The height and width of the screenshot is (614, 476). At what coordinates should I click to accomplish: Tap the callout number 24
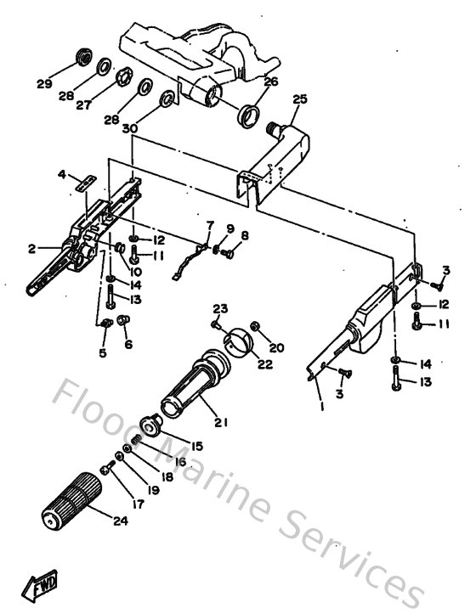coord(120,521)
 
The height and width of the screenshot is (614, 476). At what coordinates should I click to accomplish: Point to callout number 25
coord(298,99)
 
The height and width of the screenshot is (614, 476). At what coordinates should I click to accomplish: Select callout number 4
coord(62,174)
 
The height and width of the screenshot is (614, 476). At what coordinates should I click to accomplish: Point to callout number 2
coord(31,249)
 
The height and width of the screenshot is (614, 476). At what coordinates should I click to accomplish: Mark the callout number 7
coord(211,223)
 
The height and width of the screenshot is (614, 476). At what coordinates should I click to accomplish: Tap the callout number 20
coord(277,348)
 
